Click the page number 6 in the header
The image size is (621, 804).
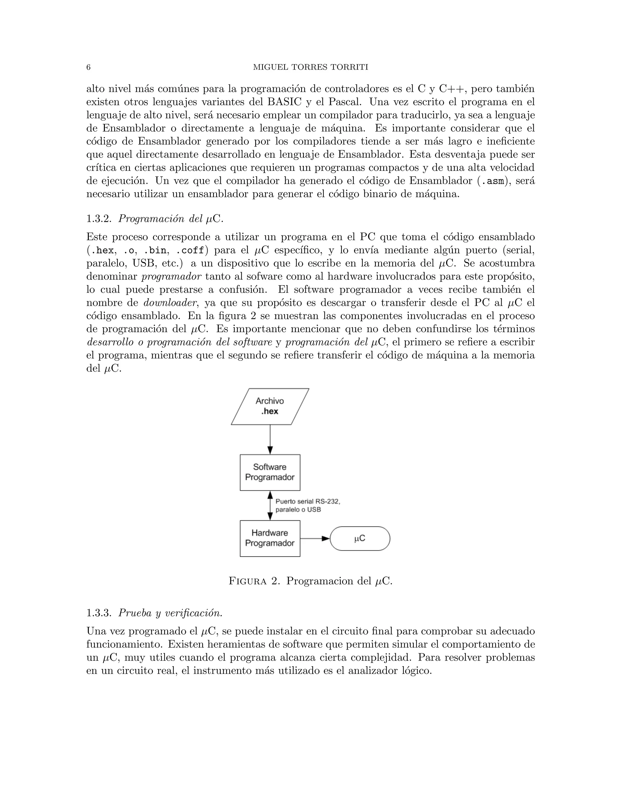pyautogui.click(x=88, y=67)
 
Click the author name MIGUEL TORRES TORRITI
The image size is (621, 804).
pyautogui.click(x=311, y=67)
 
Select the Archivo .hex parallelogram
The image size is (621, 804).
pyautogui.click(x=270, y=407)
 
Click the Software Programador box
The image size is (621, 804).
pyautogui.click(x=270, y=472)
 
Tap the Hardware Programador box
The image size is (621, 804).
pyautogui.click(x=270, y=538)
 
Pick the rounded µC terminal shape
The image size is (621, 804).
pyautogui.click(x=360, y=539)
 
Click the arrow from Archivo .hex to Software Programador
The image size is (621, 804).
pyautogui.click(x=270, y=440)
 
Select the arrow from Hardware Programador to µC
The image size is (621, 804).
pyautogui.click(x=315, y=539)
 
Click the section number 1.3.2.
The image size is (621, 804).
pyautogui.click(x=99, y=219)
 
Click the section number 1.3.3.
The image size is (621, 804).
pyautogui.click(x=99, y=613)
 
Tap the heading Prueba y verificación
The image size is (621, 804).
pyautogui.click(x=170, y=613)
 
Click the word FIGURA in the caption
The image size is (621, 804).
pyautogui.click(x=247, y=581)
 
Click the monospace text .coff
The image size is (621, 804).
pyautogui.click(x=190, y=251)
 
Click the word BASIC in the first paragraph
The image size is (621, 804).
pyautogui.click(x=283, y=102)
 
